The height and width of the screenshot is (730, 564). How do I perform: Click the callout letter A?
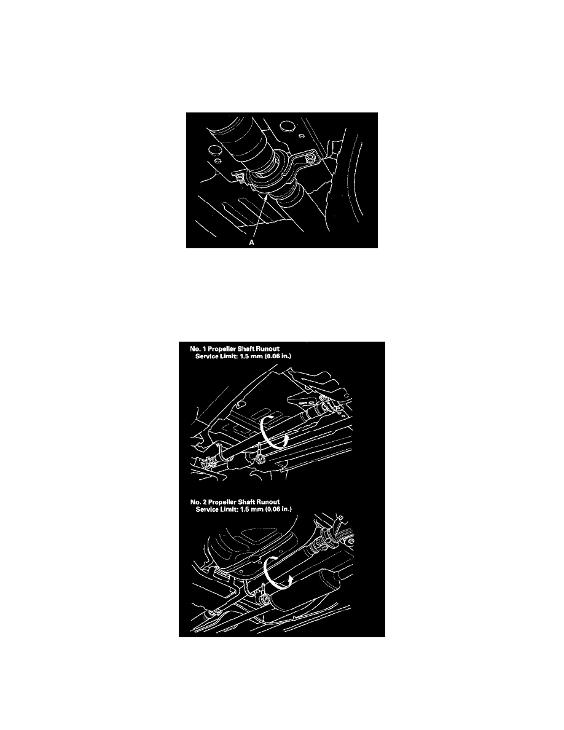(x=251, y=243)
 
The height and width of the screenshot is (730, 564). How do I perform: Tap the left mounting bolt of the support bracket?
(x=240, y=178)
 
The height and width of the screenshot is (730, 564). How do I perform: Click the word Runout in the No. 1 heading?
(x=268, y=348)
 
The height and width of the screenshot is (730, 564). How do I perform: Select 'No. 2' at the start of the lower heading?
(x=198, y=502)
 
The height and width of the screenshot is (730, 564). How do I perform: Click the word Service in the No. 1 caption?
(x=206, y=356)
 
